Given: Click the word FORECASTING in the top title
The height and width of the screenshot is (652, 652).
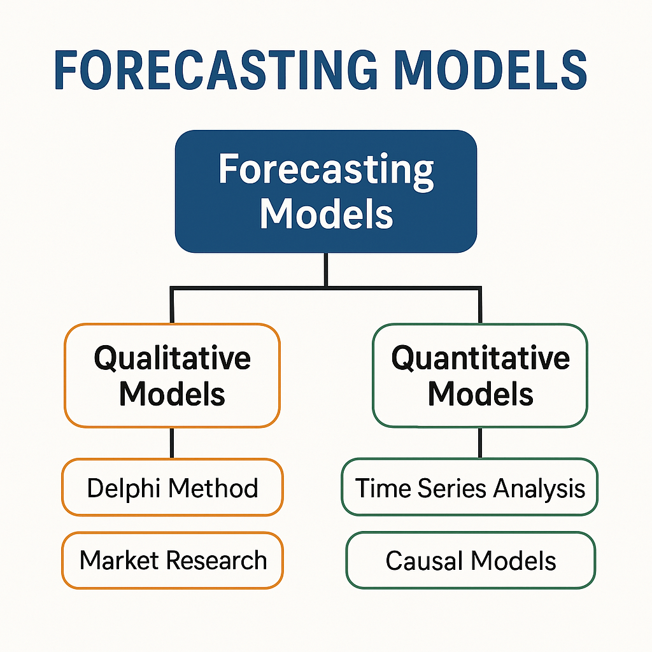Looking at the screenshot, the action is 216,70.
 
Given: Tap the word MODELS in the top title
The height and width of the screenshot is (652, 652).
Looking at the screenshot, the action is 491,70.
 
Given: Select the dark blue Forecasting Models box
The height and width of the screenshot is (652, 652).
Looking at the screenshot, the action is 326,191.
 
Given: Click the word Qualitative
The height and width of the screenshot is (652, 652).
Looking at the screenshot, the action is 172,358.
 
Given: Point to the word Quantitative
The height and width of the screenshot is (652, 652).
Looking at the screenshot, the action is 480,358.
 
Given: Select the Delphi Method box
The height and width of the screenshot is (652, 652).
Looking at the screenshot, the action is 172,487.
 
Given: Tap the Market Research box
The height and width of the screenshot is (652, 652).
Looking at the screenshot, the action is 172,560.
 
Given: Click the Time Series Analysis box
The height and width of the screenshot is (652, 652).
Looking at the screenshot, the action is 469,487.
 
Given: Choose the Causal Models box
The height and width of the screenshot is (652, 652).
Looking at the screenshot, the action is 471,560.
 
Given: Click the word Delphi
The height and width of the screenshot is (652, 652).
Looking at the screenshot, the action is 124,488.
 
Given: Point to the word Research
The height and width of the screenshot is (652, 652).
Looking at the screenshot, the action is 216,560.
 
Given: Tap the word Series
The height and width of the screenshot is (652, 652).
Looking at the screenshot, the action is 451,488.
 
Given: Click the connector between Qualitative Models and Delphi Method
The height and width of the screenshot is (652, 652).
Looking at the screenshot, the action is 172,443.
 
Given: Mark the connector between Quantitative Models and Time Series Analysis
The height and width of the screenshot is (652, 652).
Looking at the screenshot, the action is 480,443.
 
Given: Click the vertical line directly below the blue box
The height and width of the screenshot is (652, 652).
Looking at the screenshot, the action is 326,269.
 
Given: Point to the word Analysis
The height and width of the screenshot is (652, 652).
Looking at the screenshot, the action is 539,490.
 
